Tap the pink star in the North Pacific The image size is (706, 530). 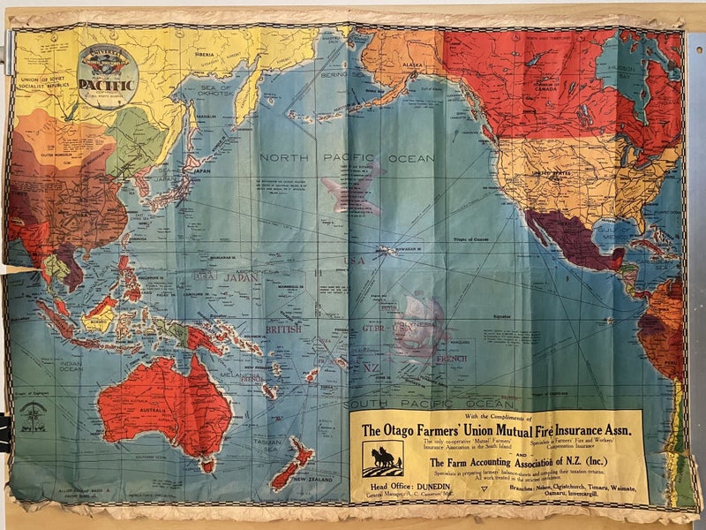pyautogui.click(x=354, y=188)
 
